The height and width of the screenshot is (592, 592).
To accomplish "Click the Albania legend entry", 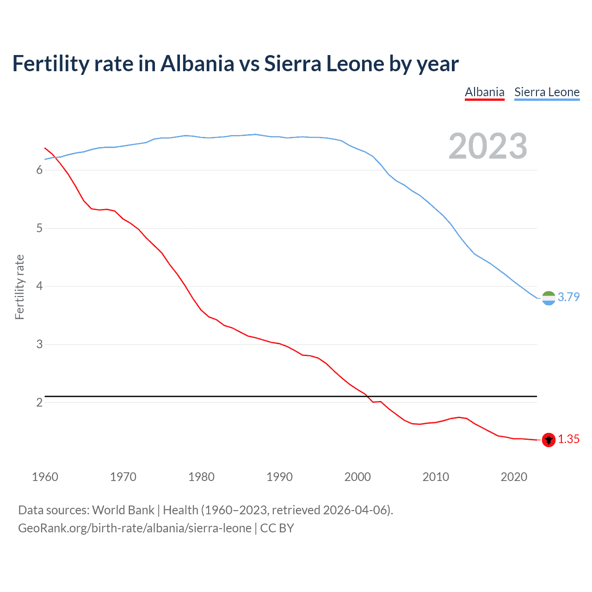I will (x=484, y=92).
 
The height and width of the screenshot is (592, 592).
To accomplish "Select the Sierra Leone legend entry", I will (x=547, y=92).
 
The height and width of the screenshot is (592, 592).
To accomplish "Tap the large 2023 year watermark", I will (x=487, y=146).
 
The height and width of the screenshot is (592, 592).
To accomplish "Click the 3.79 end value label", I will (x=568, y=297).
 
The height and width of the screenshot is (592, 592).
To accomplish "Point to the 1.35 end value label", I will (x=568, y=439).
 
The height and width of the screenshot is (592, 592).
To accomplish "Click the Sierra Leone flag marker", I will (x=549, y=298).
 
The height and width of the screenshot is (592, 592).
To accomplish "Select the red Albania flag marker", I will (x=549, y=440).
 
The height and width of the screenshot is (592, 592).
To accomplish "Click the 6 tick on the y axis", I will (x=39, y=170).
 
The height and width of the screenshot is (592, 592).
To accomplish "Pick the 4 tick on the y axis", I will (x=39, y=286).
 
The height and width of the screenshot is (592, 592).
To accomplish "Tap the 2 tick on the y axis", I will (x=39, y=402).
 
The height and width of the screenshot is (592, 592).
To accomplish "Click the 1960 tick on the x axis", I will (x=45, y=477).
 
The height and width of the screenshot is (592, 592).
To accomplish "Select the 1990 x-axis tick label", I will (x=279, y=477).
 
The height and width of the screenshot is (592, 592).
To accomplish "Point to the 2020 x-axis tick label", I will (x=514, y=477).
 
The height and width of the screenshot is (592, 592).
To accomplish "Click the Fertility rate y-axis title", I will (x=19, y=287).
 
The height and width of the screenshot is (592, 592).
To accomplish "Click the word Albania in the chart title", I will (x=197, y=63).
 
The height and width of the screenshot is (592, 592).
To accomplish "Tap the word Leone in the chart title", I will (x=355, y=63).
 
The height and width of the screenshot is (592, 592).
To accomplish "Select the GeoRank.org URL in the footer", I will (x=135, y=528).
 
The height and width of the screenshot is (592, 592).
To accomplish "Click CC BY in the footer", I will (x=277, y=528).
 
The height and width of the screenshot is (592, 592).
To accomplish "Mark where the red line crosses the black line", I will (x=368, y=396).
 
